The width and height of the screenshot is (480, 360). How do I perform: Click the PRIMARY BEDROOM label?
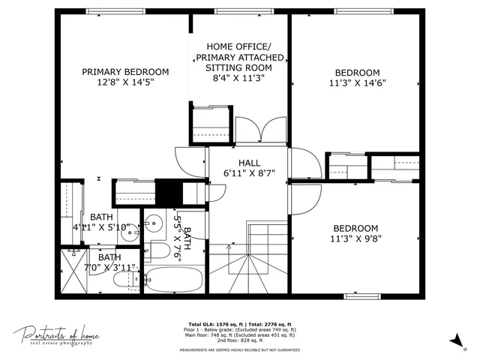[x=125, y=72]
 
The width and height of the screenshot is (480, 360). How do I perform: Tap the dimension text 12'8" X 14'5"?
[x=125, y=85]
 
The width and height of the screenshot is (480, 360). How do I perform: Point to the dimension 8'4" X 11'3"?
[x=238, y=77]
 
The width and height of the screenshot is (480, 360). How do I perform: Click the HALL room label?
[x=249, y=163]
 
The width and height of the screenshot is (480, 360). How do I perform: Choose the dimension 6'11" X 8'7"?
[x=249, y=173]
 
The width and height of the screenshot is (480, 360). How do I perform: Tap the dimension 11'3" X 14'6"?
[x=356, y=83]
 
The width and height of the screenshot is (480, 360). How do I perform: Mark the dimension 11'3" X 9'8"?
[x=355, y=239]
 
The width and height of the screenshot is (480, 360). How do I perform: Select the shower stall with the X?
[x=74, y=271]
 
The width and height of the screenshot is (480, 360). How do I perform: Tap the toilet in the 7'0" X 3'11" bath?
[x=124, y=280]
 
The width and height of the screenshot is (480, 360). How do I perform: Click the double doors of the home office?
[x=250, y=130]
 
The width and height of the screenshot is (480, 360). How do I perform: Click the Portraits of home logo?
[x=56, y=335]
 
